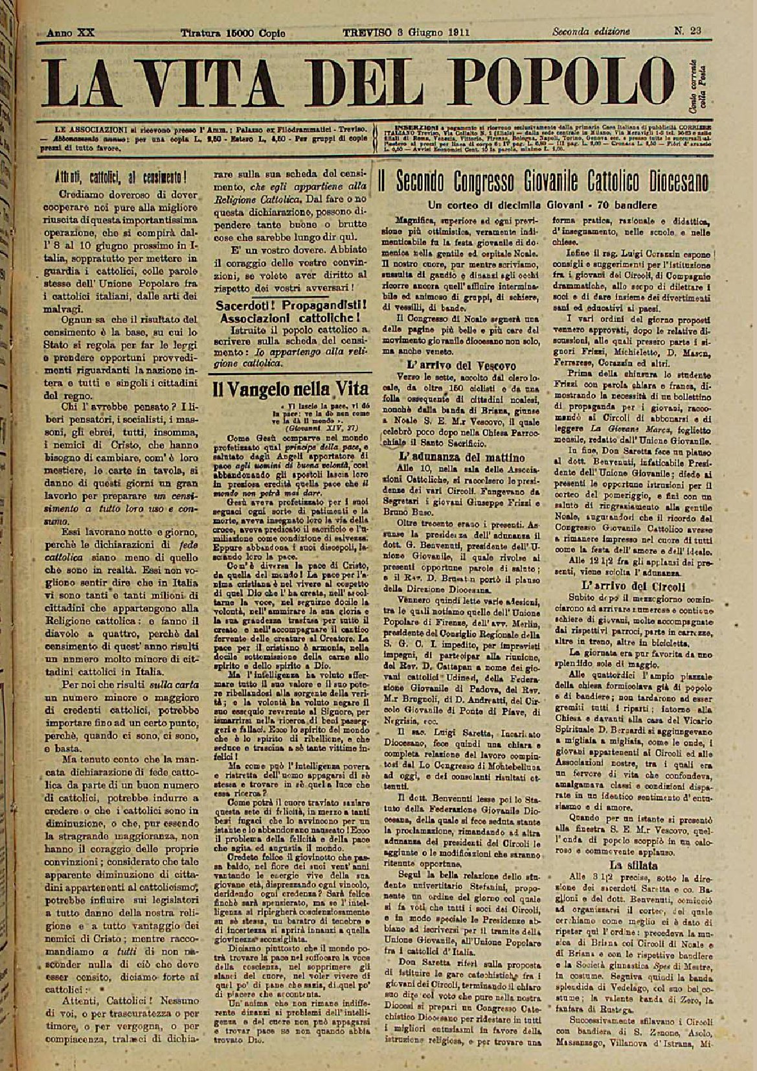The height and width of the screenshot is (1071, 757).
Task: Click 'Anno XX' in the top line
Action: (69, 31)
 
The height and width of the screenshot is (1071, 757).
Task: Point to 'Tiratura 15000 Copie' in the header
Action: (232, 31)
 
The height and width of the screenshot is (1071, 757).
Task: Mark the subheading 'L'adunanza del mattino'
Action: (447, 456)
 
